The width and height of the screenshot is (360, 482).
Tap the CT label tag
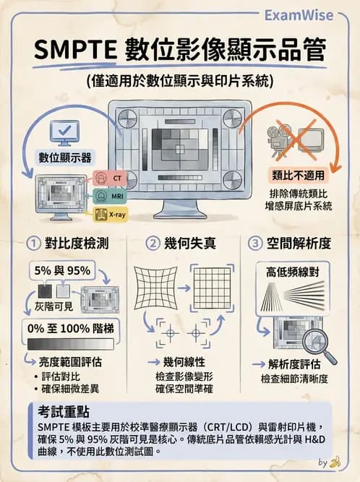pyautogui.click(x=108, y=178)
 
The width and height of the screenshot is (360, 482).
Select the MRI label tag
pyautogui.click(x=108, y=196)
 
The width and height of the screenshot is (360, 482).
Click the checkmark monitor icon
pyautogui.click(x=61, y=133)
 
